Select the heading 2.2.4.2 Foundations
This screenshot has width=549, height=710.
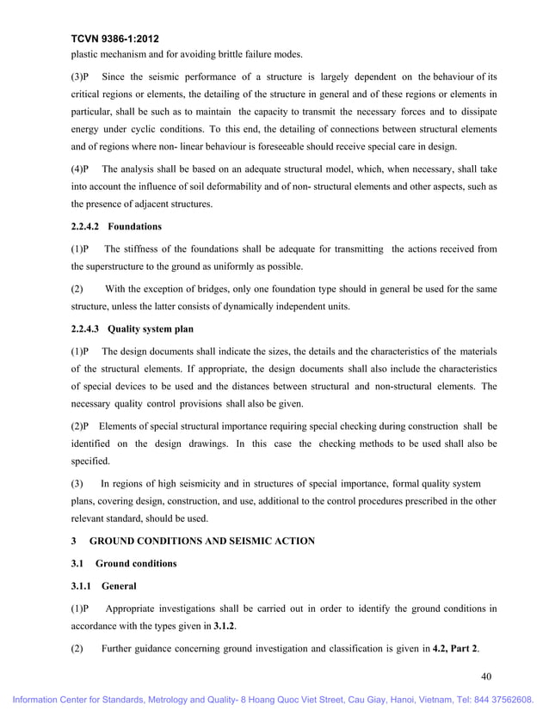116,227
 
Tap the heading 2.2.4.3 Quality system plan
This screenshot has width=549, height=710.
133,328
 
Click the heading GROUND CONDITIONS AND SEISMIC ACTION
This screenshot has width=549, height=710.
202,541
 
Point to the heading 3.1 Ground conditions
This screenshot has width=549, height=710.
123,563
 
